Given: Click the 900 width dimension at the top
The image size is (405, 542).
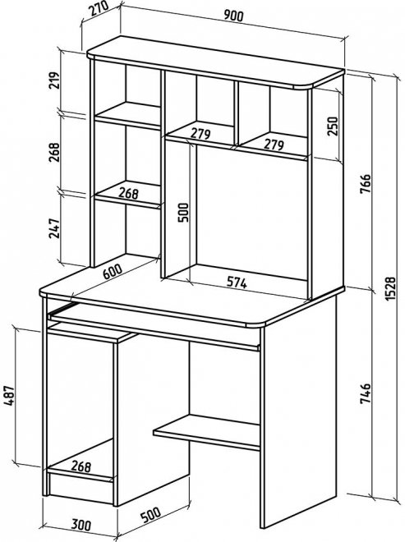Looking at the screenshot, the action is tap(234, 16).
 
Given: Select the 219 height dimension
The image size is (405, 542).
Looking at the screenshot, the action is tap(54, 80).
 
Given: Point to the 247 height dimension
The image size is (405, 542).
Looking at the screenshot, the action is tap(54, 228).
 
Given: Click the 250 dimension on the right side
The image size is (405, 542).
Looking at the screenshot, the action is tap(332, 126).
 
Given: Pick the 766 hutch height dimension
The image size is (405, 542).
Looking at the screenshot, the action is tap(366, 184).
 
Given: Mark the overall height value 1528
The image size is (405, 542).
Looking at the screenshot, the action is tap(390, 287).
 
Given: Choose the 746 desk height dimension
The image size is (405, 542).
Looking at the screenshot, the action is tap(366, 393).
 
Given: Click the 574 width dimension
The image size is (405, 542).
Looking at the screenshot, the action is tap(237, 282).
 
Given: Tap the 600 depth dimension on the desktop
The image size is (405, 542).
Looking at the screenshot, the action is tap(113, 272).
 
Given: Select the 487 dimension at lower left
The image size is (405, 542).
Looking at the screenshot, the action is tap(9, 396).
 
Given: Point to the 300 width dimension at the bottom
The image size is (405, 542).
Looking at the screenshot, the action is tap(81, 525).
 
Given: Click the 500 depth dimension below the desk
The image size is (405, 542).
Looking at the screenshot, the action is tap(150, 514).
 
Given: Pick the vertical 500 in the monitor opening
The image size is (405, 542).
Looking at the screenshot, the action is tap(183, 212).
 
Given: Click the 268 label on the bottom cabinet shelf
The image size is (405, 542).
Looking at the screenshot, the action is tap(81, 466).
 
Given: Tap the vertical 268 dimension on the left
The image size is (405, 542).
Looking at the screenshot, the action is tap(54, 153).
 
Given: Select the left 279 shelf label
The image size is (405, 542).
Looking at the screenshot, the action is tap(200, 134).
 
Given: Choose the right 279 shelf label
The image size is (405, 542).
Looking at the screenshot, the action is tap(274, 145).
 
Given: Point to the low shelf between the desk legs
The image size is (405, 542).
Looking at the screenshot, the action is tap(206, 432).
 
